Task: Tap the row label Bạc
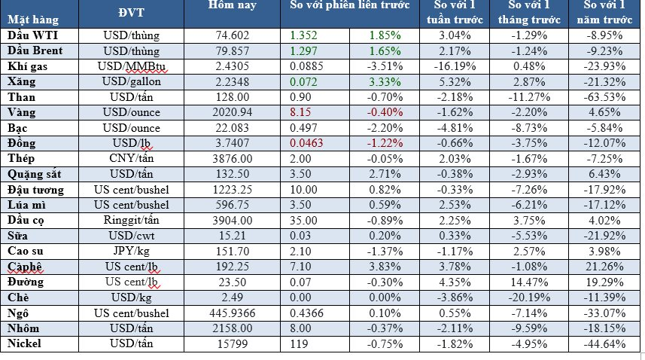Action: [x=17, y=129]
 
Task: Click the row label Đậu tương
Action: [x=35, y=191]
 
